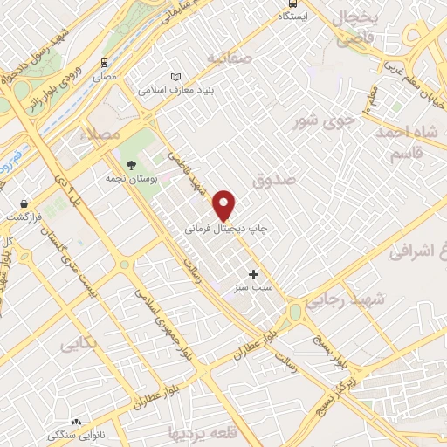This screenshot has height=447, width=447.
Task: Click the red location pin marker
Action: pos(225,204)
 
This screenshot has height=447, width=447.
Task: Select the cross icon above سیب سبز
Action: pos(254,274)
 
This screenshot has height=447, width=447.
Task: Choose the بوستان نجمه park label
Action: pos(132,177)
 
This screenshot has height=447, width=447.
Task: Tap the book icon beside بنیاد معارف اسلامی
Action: pos(179,76)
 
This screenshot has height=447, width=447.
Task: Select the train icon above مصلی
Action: pos(106,63)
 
